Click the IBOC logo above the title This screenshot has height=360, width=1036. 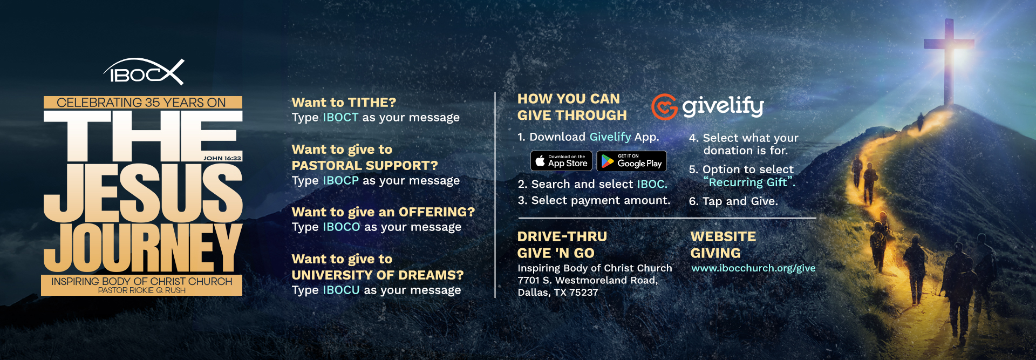(x=144, y=72)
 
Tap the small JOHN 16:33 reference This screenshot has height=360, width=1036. (x=222, y=158)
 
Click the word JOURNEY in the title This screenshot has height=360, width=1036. (x=143, y=248)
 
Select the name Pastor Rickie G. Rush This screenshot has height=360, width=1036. (x=142, y=290)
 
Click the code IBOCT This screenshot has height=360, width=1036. (x=340, y=117)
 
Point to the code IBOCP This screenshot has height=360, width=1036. (x=340, y=180)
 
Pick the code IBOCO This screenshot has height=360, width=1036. (x=341, y=227)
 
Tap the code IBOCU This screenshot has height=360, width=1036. (x=341, y=290)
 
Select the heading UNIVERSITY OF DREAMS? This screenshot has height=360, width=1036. (x=378, y=275)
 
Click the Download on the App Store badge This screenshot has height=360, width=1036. (x=562, y=161)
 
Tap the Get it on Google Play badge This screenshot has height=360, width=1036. (x=632, y=161)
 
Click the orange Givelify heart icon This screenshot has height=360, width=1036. (x=664, y=107)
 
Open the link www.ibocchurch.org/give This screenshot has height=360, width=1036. (x=753, y=268)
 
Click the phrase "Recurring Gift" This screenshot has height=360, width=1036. (x=749, y=182)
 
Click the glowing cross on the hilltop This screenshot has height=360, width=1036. (x=949, y=59)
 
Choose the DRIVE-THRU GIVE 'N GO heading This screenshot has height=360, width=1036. (x=562, y=244)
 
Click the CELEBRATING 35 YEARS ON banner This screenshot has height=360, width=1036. (x=142, y=103)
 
